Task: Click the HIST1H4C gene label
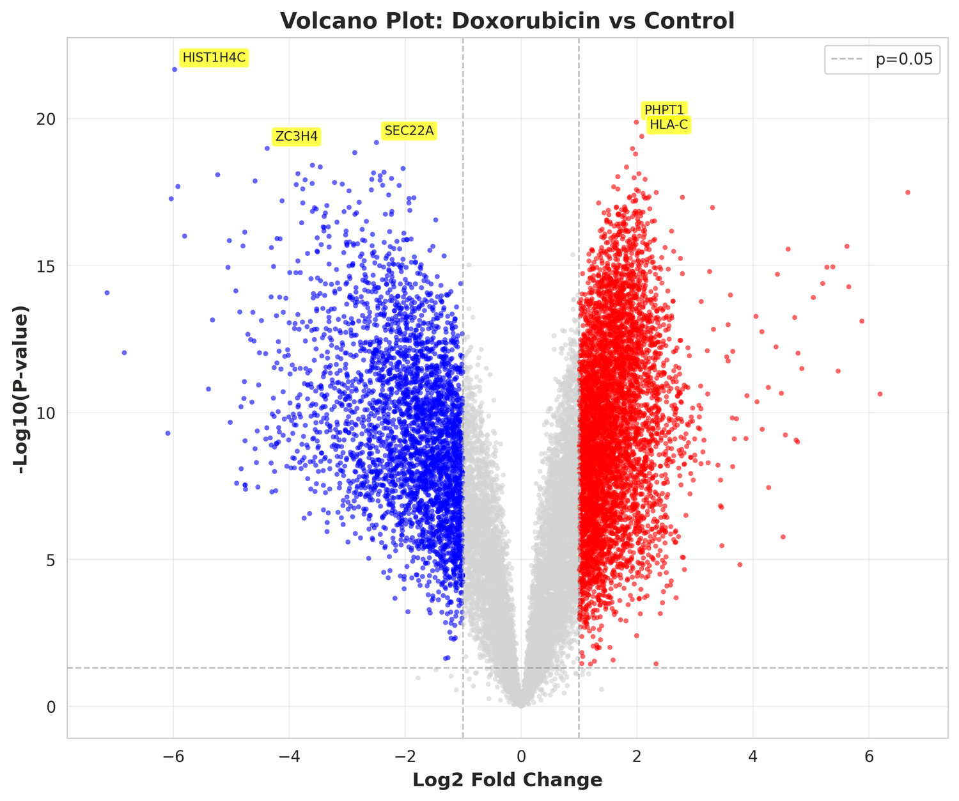pyautogui.click(x=214, y=58)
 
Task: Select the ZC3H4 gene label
pyautogui.click(x=296, y=136)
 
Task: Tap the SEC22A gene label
pyautogui.click(x=409, y=131)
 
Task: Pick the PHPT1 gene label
pyautogui.click(x=664, y=110)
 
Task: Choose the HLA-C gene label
pyautogui.click(x=669, y=125)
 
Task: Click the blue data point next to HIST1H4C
pyautogui.click(x=175, y=69)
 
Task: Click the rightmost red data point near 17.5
pyautogui.click(x=907, y=192)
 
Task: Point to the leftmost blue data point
pyautogui.click(x=107, y=293)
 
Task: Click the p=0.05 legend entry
pyautogui.click(x=883, y=59)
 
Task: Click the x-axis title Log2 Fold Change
pyautogui.click(x=508, y=780)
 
